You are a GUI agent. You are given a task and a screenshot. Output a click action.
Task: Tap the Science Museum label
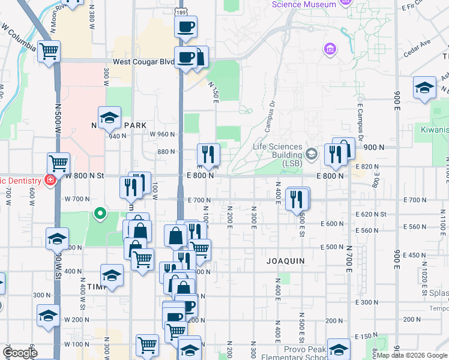point(304,4)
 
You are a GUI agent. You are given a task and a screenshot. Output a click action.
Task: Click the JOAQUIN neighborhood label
point(286,261)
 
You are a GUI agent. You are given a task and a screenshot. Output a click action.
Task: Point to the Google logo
point(19,353)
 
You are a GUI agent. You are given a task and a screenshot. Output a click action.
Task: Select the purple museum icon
point(329,48)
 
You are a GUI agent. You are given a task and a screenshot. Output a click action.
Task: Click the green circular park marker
point(100,212)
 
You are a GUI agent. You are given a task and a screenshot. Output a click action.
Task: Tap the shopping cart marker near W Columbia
point(49,51)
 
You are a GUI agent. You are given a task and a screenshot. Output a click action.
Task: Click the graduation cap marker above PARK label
point(109,118)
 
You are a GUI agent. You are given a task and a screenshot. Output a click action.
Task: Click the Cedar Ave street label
point(417,48)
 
